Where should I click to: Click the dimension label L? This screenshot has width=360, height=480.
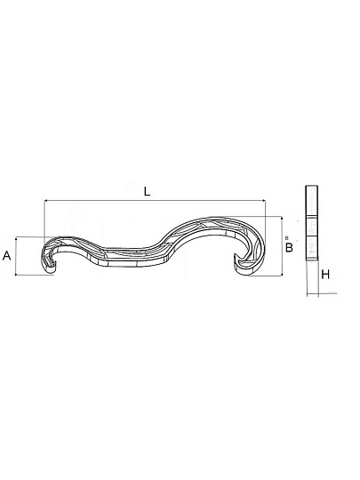(x=148, y=192)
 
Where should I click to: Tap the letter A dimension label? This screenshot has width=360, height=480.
(x=7, y=255)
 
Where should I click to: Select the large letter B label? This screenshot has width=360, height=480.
(x=289, y=247)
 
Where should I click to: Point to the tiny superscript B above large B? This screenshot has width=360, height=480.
(x=287, y=237)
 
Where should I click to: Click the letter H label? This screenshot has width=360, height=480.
(x=325, y=275)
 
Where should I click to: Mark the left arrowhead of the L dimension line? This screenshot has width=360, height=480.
(x=46, y=201)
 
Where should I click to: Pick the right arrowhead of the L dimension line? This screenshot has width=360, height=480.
(x=264, y=201)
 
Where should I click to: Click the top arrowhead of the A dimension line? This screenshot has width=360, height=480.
(x=15, y=238)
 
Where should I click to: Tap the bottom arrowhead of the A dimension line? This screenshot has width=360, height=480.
(x=15, y=274)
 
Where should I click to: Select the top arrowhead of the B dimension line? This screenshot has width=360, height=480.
(x=282, y=219)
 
